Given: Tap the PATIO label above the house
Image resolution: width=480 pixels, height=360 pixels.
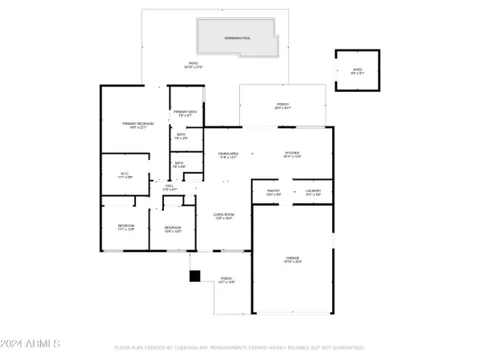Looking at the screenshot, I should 192,62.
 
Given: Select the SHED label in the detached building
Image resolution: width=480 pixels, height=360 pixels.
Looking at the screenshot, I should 358,70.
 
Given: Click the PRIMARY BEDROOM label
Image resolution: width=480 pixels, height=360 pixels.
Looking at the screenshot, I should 137,123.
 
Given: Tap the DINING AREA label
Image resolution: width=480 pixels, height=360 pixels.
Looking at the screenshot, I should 229,154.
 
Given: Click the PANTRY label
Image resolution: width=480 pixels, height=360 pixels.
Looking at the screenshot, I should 273,191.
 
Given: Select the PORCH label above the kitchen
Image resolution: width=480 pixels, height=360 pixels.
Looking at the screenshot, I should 282,104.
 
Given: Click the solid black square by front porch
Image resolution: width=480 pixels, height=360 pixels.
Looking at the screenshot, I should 194,276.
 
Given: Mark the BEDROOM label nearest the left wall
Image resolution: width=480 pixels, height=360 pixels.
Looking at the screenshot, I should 126,226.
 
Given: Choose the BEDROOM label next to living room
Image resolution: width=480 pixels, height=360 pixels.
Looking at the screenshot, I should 173,228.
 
